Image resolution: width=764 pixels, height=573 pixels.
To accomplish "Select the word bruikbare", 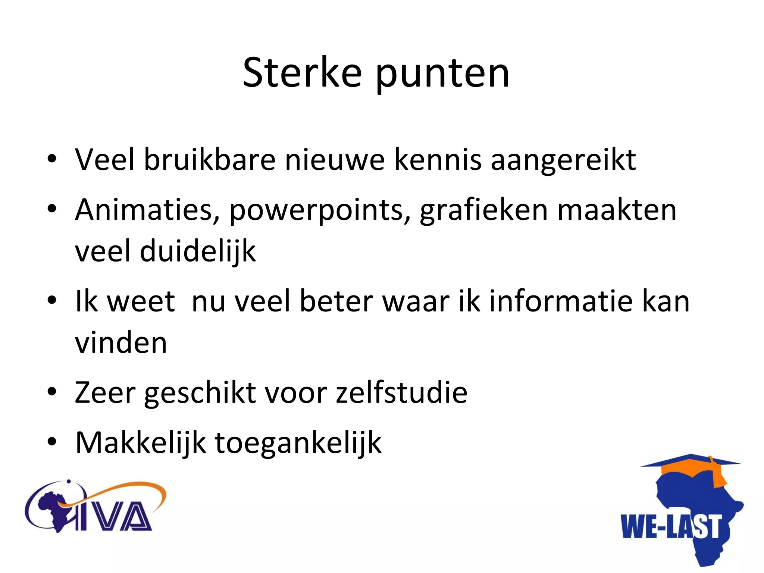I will [x=210, y=159].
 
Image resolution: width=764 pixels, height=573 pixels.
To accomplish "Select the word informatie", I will [x=561, y=301].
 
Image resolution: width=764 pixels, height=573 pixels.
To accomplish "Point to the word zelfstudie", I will [x=401, y=392].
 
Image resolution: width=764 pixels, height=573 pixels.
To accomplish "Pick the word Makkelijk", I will [x=140, y=443].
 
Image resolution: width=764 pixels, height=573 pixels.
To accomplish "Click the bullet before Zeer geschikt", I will [x=52, y=392].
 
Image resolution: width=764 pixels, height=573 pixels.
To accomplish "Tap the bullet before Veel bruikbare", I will [x=52, y=159].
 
